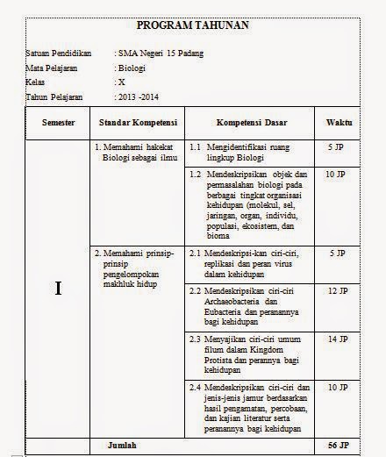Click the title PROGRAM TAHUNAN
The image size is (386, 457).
(x=193, y=25)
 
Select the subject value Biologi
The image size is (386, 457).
(x=132, y=68)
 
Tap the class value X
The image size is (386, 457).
(x=122, y=81)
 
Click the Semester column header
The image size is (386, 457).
(x=58, y=122)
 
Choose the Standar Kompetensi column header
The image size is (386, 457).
(x=139, y=122)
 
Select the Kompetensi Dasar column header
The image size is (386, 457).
(x=252, y=122)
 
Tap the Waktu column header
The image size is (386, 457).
(x=340, y=122)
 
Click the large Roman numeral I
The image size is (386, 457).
(x=58, y=289)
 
